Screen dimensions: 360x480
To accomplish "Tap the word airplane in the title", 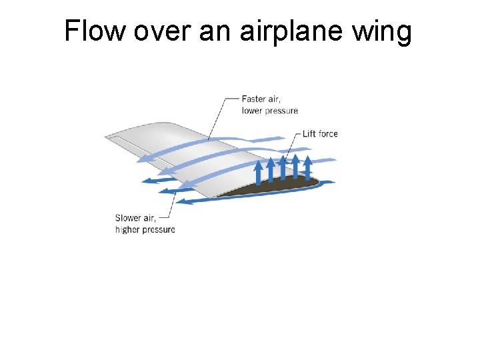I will click(x=291, y=32).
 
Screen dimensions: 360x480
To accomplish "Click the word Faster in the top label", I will click(x=255, y=99).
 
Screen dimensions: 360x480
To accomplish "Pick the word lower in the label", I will click(x=252, y=111).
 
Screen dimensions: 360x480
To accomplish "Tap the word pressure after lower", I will click(x=281, y=111).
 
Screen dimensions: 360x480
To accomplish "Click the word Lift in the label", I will click(x=309, y=133).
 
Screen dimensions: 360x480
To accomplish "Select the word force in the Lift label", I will click(x=329, y=133).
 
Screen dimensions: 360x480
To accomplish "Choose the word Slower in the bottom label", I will click(x=129, y=218).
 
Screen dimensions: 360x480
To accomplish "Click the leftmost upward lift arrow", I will click(x=259, y=175).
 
